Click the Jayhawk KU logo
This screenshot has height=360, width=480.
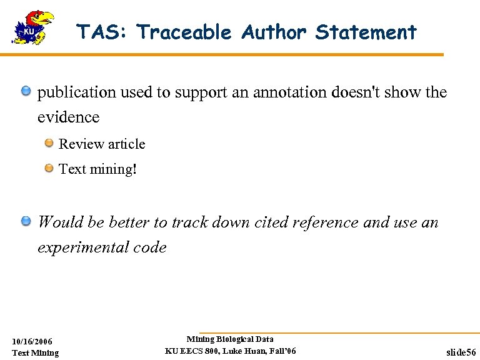(x=32, y=27)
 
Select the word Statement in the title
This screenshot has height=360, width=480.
(x=366, y=32)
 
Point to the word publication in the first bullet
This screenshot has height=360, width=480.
(x=77, y=92)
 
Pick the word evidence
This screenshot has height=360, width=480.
(x=68, y=117)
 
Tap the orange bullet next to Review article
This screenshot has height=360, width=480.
(x=49, y=144)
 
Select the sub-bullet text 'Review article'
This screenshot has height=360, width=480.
(x=102, y=144)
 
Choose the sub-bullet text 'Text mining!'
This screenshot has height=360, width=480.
(x=97, y=169)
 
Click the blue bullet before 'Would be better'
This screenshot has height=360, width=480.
(x=26, y=221)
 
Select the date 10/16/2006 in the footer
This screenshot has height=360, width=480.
(x=32, y=341)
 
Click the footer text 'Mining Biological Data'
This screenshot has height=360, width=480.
(x=230, y=339)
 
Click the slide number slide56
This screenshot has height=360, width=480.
(x=461, y=352)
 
